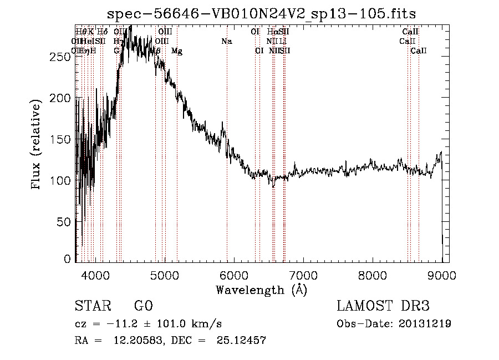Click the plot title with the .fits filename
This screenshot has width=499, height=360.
coord(261,13)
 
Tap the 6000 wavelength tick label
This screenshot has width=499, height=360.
coord(234,275)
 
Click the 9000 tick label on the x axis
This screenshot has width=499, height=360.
coord(442,275)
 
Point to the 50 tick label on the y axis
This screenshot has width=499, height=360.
coord(65,221)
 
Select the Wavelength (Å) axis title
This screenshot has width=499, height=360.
coord(261,290)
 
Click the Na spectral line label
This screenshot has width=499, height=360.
coord(226,41)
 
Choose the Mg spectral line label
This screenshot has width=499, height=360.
coord(177,51)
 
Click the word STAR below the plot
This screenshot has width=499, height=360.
coord(91,306)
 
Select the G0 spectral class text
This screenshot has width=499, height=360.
coord(143,306)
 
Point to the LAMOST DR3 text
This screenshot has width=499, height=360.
coord(383,306)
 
